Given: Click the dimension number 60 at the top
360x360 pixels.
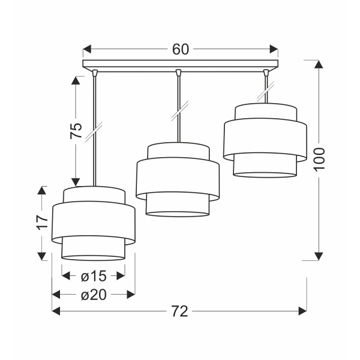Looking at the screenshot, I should coord(180,49).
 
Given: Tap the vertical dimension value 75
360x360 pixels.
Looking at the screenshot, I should coord(76,131).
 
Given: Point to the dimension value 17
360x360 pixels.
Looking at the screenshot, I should coord(41,222).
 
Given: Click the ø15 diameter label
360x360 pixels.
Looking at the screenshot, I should coord(93,276).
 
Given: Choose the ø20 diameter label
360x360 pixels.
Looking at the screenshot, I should coord(93,295).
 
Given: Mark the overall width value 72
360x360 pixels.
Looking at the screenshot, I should coord(179,311).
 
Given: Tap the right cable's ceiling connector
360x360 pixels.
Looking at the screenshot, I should coord(265,73).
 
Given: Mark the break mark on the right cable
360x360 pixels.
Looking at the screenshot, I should coord(265,93).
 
